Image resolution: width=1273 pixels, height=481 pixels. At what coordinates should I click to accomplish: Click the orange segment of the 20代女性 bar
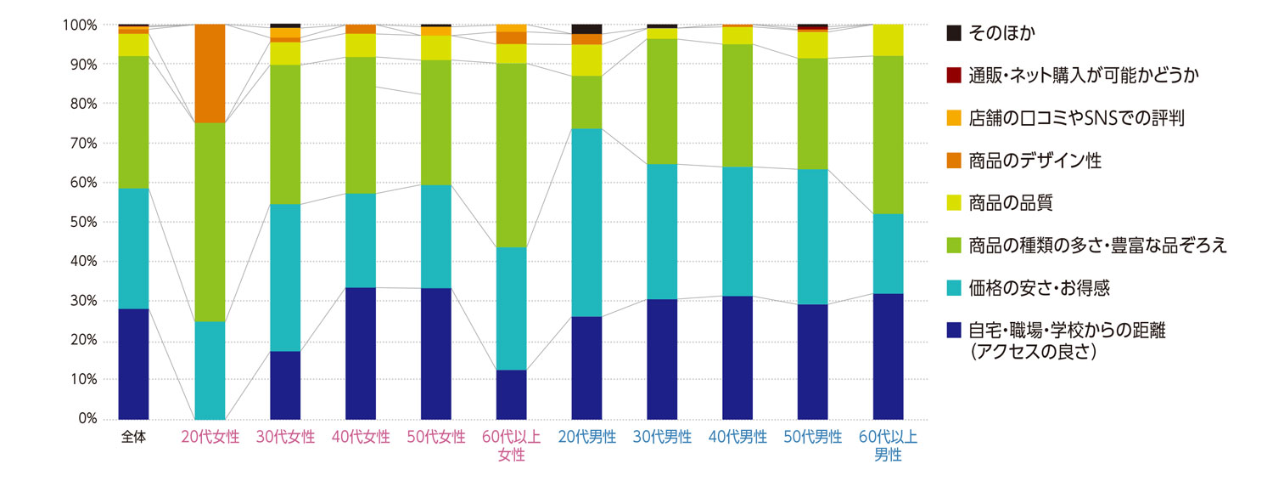click(210, 74)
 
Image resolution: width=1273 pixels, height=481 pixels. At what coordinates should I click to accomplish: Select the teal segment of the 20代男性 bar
click(586, 223)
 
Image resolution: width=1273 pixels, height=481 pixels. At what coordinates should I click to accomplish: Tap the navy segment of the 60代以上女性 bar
click(511, 394)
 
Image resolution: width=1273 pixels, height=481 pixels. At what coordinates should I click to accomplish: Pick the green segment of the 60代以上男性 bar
click(889, 134)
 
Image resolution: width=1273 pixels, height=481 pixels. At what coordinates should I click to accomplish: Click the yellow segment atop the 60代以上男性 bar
click(889, 40)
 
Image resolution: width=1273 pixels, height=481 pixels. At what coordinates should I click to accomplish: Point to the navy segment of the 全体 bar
click(133, 364)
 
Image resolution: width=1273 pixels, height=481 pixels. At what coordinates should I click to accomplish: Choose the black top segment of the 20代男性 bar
click(586, 29)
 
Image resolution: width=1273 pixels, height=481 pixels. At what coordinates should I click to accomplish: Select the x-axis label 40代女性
click(361, 438)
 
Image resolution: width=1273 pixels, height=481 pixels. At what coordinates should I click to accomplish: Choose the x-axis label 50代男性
click(813, 438)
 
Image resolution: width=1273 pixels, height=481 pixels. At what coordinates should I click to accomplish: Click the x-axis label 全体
click(133, 438)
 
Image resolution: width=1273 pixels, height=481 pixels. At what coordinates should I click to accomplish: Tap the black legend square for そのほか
click(954, 33)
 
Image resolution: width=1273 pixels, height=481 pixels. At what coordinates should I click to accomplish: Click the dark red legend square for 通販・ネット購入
click(954, 76)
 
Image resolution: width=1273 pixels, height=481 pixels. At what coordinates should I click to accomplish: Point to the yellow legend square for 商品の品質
click(954, 204)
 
